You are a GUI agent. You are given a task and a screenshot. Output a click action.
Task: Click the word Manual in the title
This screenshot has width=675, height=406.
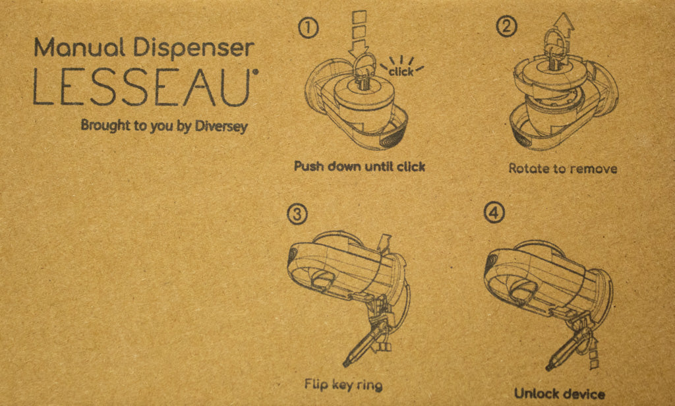pyautogui.click(x=69, y=48)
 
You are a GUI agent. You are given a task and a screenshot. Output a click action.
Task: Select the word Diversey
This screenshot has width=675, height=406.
pyautogui.click(x=221, y=127)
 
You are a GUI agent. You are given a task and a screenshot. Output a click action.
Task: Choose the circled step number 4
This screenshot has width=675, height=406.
pyautogui.click(x=492, y=213)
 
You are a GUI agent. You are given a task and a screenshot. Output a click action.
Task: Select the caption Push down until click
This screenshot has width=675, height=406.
pyautogui.click(x=359, y=166)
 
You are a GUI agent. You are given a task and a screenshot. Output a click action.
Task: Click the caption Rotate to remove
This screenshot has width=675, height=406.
pyautogui.click(x=562, y=169)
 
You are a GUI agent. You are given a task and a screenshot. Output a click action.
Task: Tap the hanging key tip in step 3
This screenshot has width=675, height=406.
pyautogui.click(x=347, y=361)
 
